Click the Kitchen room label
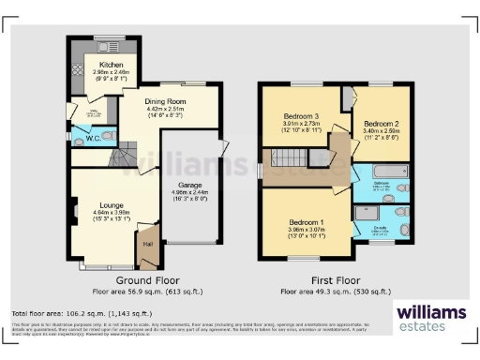99,65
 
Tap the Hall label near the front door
146,244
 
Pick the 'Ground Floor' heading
147,280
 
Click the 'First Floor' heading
335,280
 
